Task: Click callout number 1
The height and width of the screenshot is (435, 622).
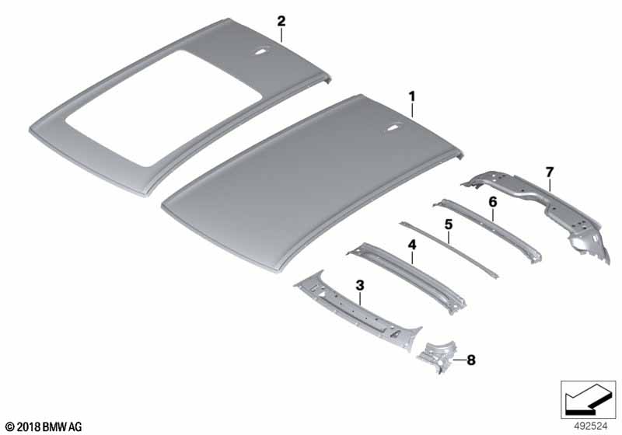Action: point(412,96)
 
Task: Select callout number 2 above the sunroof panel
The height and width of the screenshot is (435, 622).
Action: point(281,21)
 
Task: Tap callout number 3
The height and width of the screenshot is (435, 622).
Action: point(360,285)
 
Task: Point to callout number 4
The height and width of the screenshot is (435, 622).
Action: point(413,245)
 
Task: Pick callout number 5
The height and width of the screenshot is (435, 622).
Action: point(449,224)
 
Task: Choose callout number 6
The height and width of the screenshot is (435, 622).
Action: point(492,202)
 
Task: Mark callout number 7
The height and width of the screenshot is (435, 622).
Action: point(550,172)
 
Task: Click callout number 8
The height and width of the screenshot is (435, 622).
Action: point(471,360)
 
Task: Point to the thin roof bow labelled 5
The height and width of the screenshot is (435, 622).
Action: point(449,249)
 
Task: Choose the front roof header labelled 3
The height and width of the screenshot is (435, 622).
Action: point(357,310)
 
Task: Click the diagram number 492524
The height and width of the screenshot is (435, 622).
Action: point(591,426)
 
